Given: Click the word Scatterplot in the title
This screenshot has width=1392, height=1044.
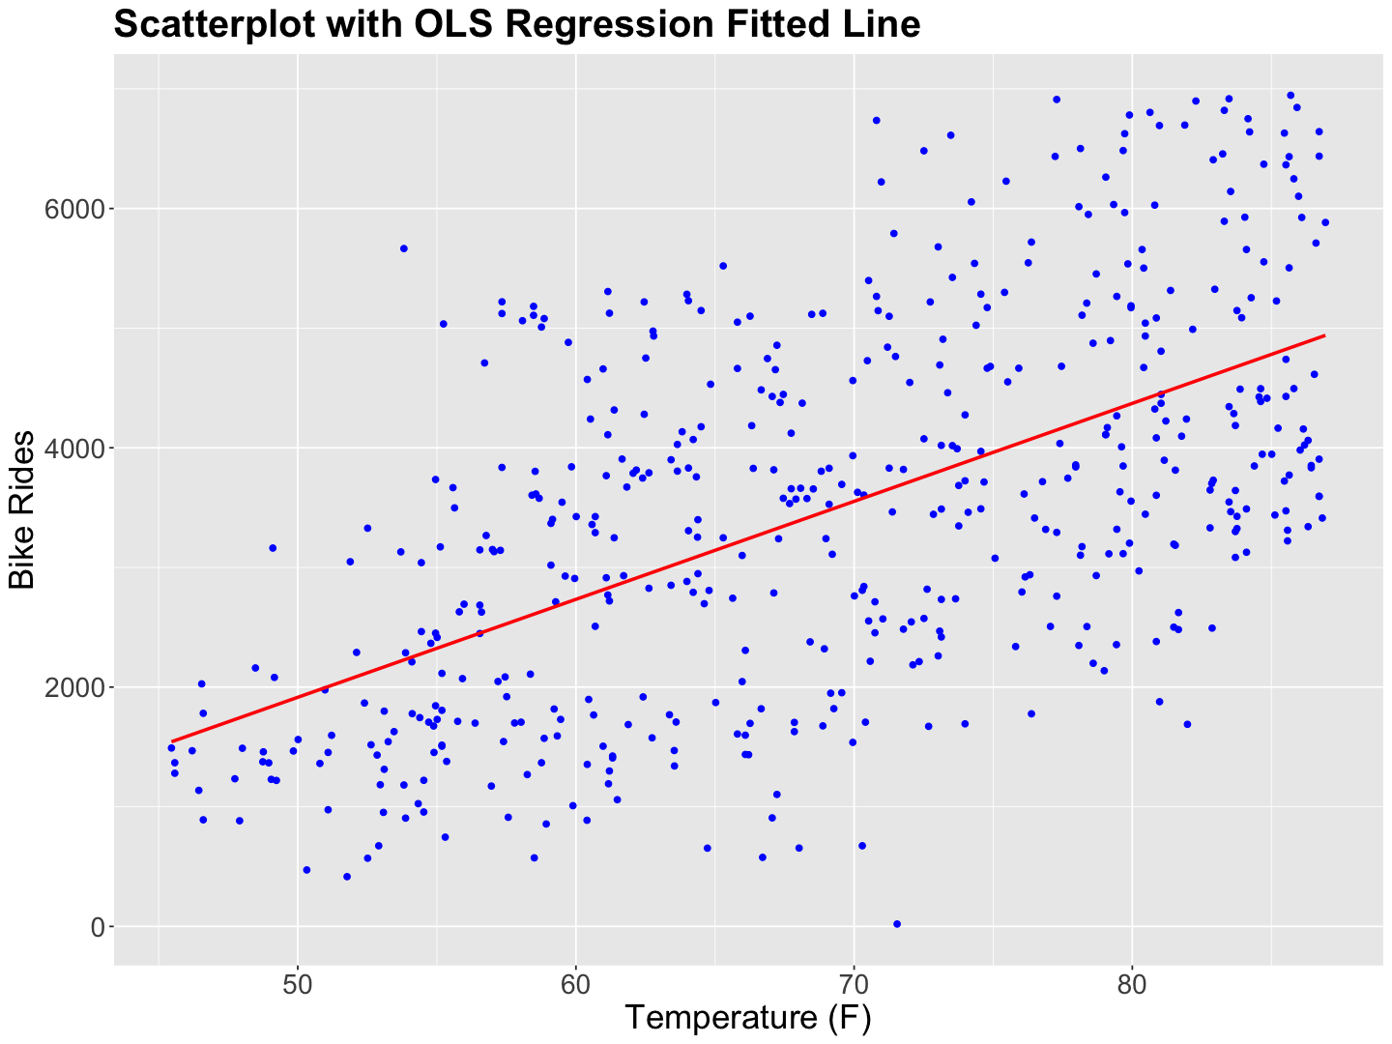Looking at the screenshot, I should tap(217, 24).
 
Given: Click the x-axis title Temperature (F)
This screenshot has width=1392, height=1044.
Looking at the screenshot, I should tap(748, 1017).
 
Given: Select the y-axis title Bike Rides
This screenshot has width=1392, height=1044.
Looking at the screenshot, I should tap(23, 509).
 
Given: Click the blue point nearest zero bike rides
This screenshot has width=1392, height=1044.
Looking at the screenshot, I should tap(897, 924).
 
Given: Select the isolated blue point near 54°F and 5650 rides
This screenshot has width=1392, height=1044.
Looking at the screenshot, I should tap(404, 248).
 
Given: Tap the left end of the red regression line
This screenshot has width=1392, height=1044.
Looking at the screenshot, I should tap(172, 741).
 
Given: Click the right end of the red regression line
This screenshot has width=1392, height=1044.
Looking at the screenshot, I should tap(1323, 335).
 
